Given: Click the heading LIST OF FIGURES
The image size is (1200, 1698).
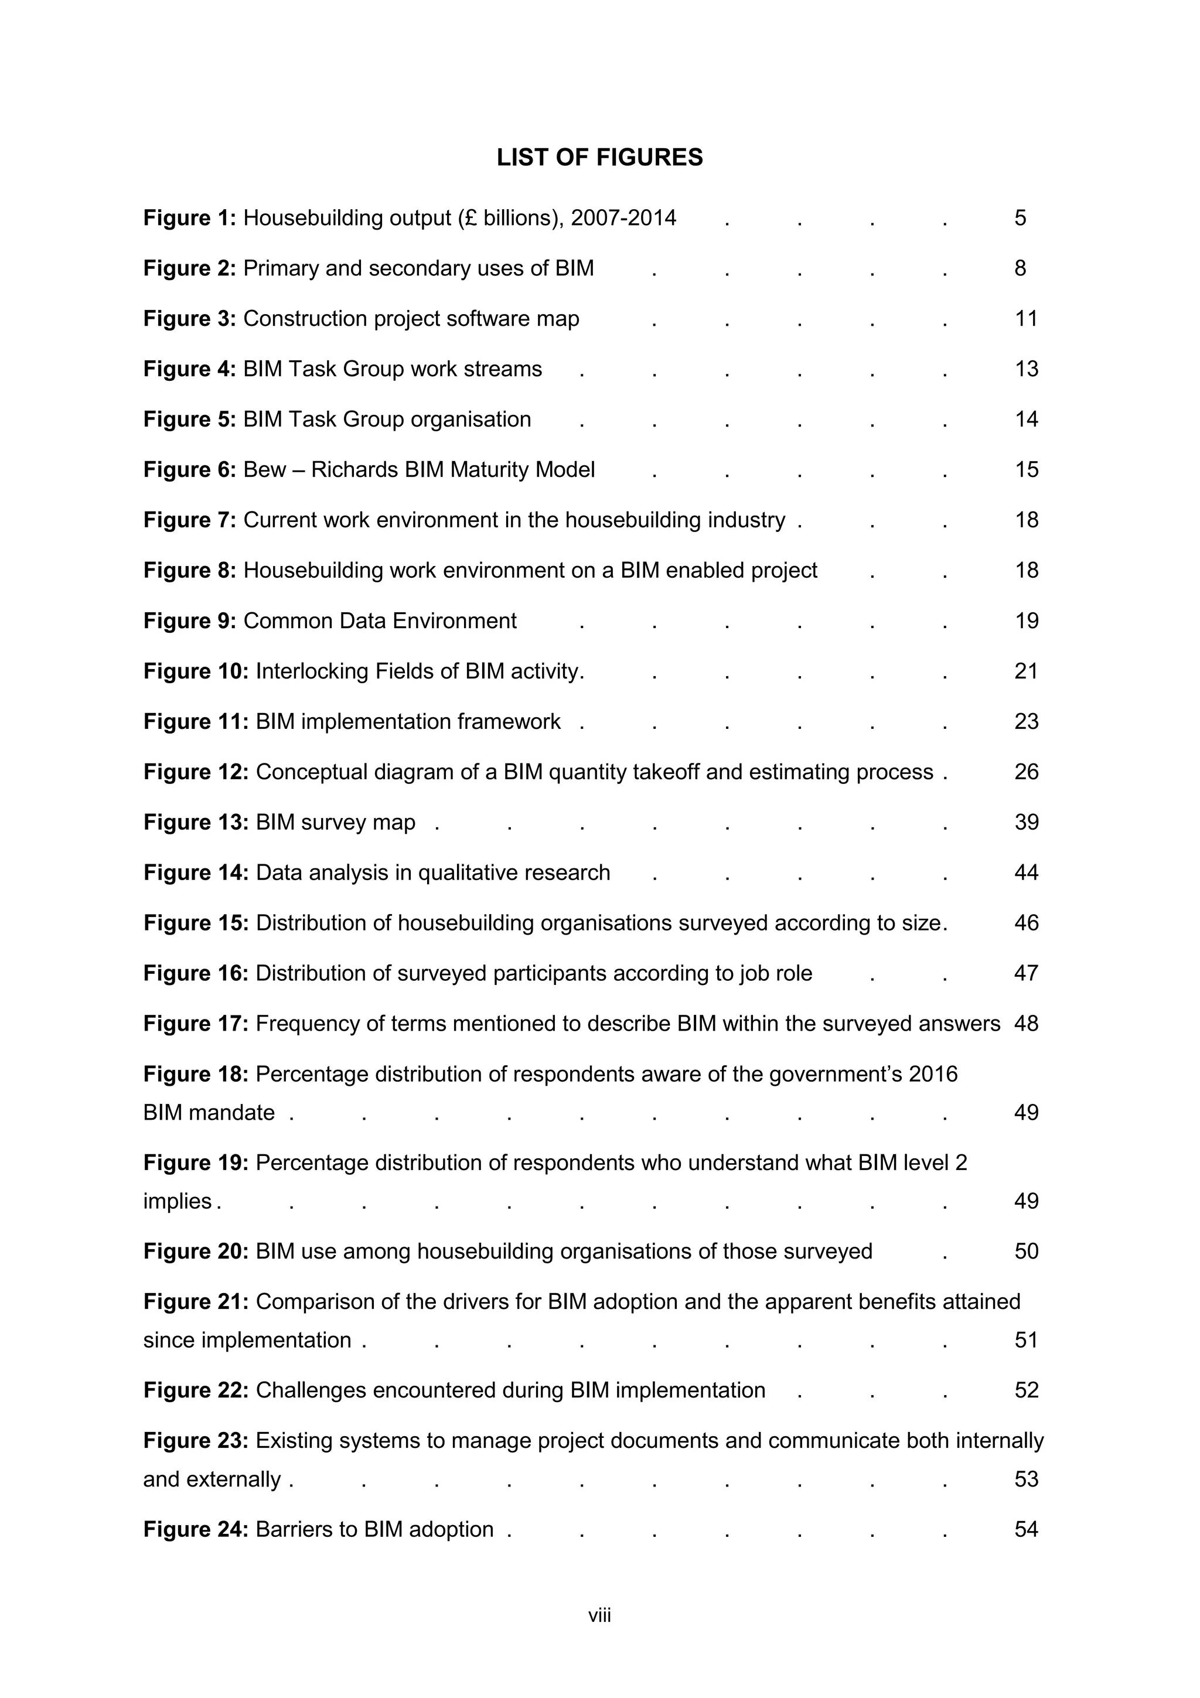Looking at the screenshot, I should click(x=599, y=158).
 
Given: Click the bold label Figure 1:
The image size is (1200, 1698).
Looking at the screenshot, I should click(x=189, y=218).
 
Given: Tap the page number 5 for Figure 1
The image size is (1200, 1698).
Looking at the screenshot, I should click(x=1020, y=218).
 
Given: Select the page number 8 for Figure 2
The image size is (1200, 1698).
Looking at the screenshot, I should click(x=1020, y=268).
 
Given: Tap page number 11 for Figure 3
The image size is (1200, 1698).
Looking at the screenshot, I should click(x=1026, y=319).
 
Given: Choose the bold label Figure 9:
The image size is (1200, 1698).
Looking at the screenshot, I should click(x=189, y=621).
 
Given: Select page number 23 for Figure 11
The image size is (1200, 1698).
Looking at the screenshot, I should click(x=1026, y=722).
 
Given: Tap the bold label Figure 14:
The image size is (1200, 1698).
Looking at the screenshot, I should click(x=195, y=872).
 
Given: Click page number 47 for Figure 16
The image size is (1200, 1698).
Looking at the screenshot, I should click(x=1026, y=973).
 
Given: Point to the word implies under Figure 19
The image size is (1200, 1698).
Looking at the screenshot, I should click(x=178, y=1201).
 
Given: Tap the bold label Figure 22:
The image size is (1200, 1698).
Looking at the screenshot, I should click(x=195, y=1390).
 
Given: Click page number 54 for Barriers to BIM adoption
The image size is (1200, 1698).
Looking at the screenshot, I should click(x=1026, y=1529).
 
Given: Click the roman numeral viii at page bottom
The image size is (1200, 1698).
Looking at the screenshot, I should click(x=599, y=1616).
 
